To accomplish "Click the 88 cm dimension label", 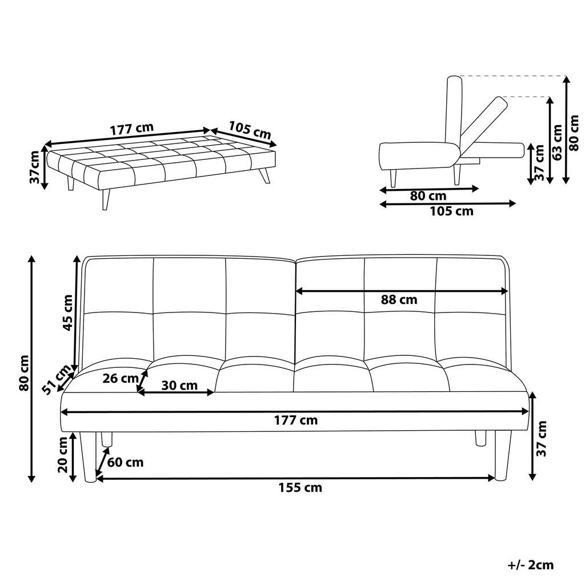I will click(400, 299).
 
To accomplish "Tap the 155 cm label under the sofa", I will click(300, 487).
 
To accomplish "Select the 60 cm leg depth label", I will click(126, 462).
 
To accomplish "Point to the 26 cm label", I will click(121, 378).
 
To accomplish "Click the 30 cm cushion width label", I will click(179, 386).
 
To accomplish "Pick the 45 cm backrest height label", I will click(67, 312).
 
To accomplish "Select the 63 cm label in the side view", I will click(557, 140).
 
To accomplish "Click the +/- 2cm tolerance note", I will click(531, 565).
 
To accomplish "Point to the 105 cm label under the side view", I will click(451, 211).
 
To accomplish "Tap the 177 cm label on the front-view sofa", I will click(295, 420).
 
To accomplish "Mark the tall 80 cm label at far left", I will click(23, 374).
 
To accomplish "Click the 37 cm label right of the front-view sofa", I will click(542, 439).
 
